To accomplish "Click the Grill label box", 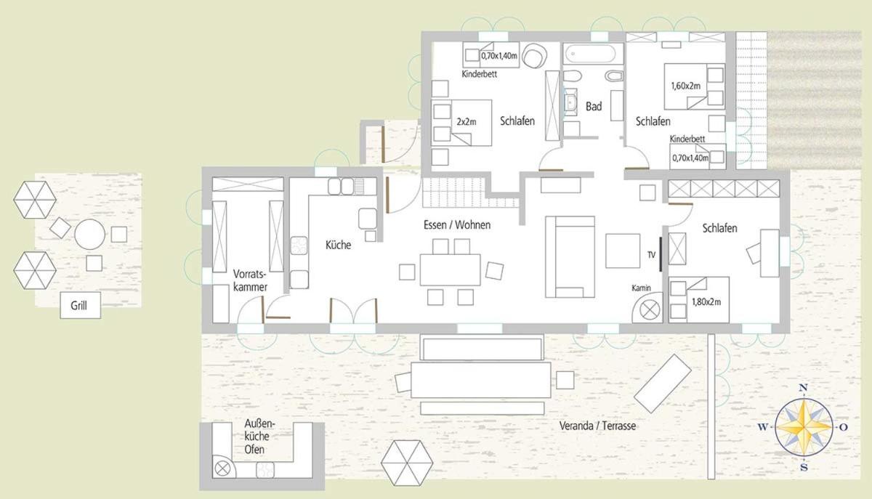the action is tap(80, 306).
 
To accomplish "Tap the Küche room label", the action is tap(338, 245).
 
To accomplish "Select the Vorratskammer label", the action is tap(250, 280).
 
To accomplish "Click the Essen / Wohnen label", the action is tap(457, 224).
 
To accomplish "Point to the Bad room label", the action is tap(594, 106).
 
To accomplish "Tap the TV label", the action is tap(651, 255).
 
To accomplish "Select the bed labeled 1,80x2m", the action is tap(699, 300).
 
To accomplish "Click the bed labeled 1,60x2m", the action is tap(695, 86).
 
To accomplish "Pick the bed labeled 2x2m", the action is tap(461, 123).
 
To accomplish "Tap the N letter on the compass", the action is tap(803, 387).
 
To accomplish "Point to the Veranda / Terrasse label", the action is tap(597, 426).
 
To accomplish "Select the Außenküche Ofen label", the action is tap(259, 437).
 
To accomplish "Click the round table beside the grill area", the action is tap(90, 235).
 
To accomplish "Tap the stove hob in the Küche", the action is tap(299, 246).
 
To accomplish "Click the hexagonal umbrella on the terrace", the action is tap(407, 463).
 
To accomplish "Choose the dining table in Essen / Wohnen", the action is tap(450, 269).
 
